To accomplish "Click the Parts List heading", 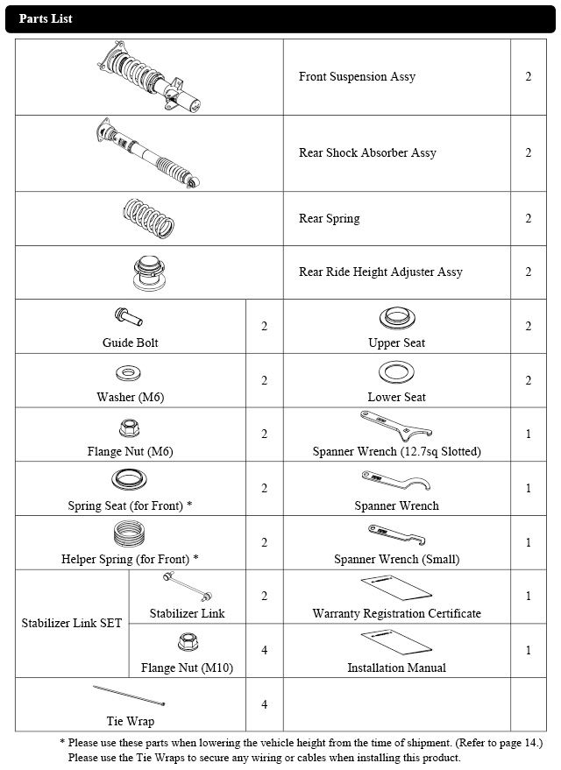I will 46,18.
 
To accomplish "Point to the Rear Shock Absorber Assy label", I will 367,152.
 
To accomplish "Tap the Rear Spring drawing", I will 150,217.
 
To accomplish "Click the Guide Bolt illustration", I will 128,316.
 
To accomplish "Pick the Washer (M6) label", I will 130,397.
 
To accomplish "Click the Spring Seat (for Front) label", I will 130,505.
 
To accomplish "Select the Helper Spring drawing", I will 130,533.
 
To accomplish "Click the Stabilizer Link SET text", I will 72,624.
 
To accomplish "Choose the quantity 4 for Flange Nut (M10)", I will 265,650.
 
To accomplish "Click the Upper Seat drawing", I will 396,317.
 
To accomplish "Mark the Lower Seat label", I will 396,397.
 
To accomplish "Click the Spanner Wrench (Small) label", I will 396,559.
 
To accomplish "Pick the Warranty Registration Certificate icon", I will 396,587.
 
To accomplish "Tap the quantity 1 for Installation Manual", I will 529,650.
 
